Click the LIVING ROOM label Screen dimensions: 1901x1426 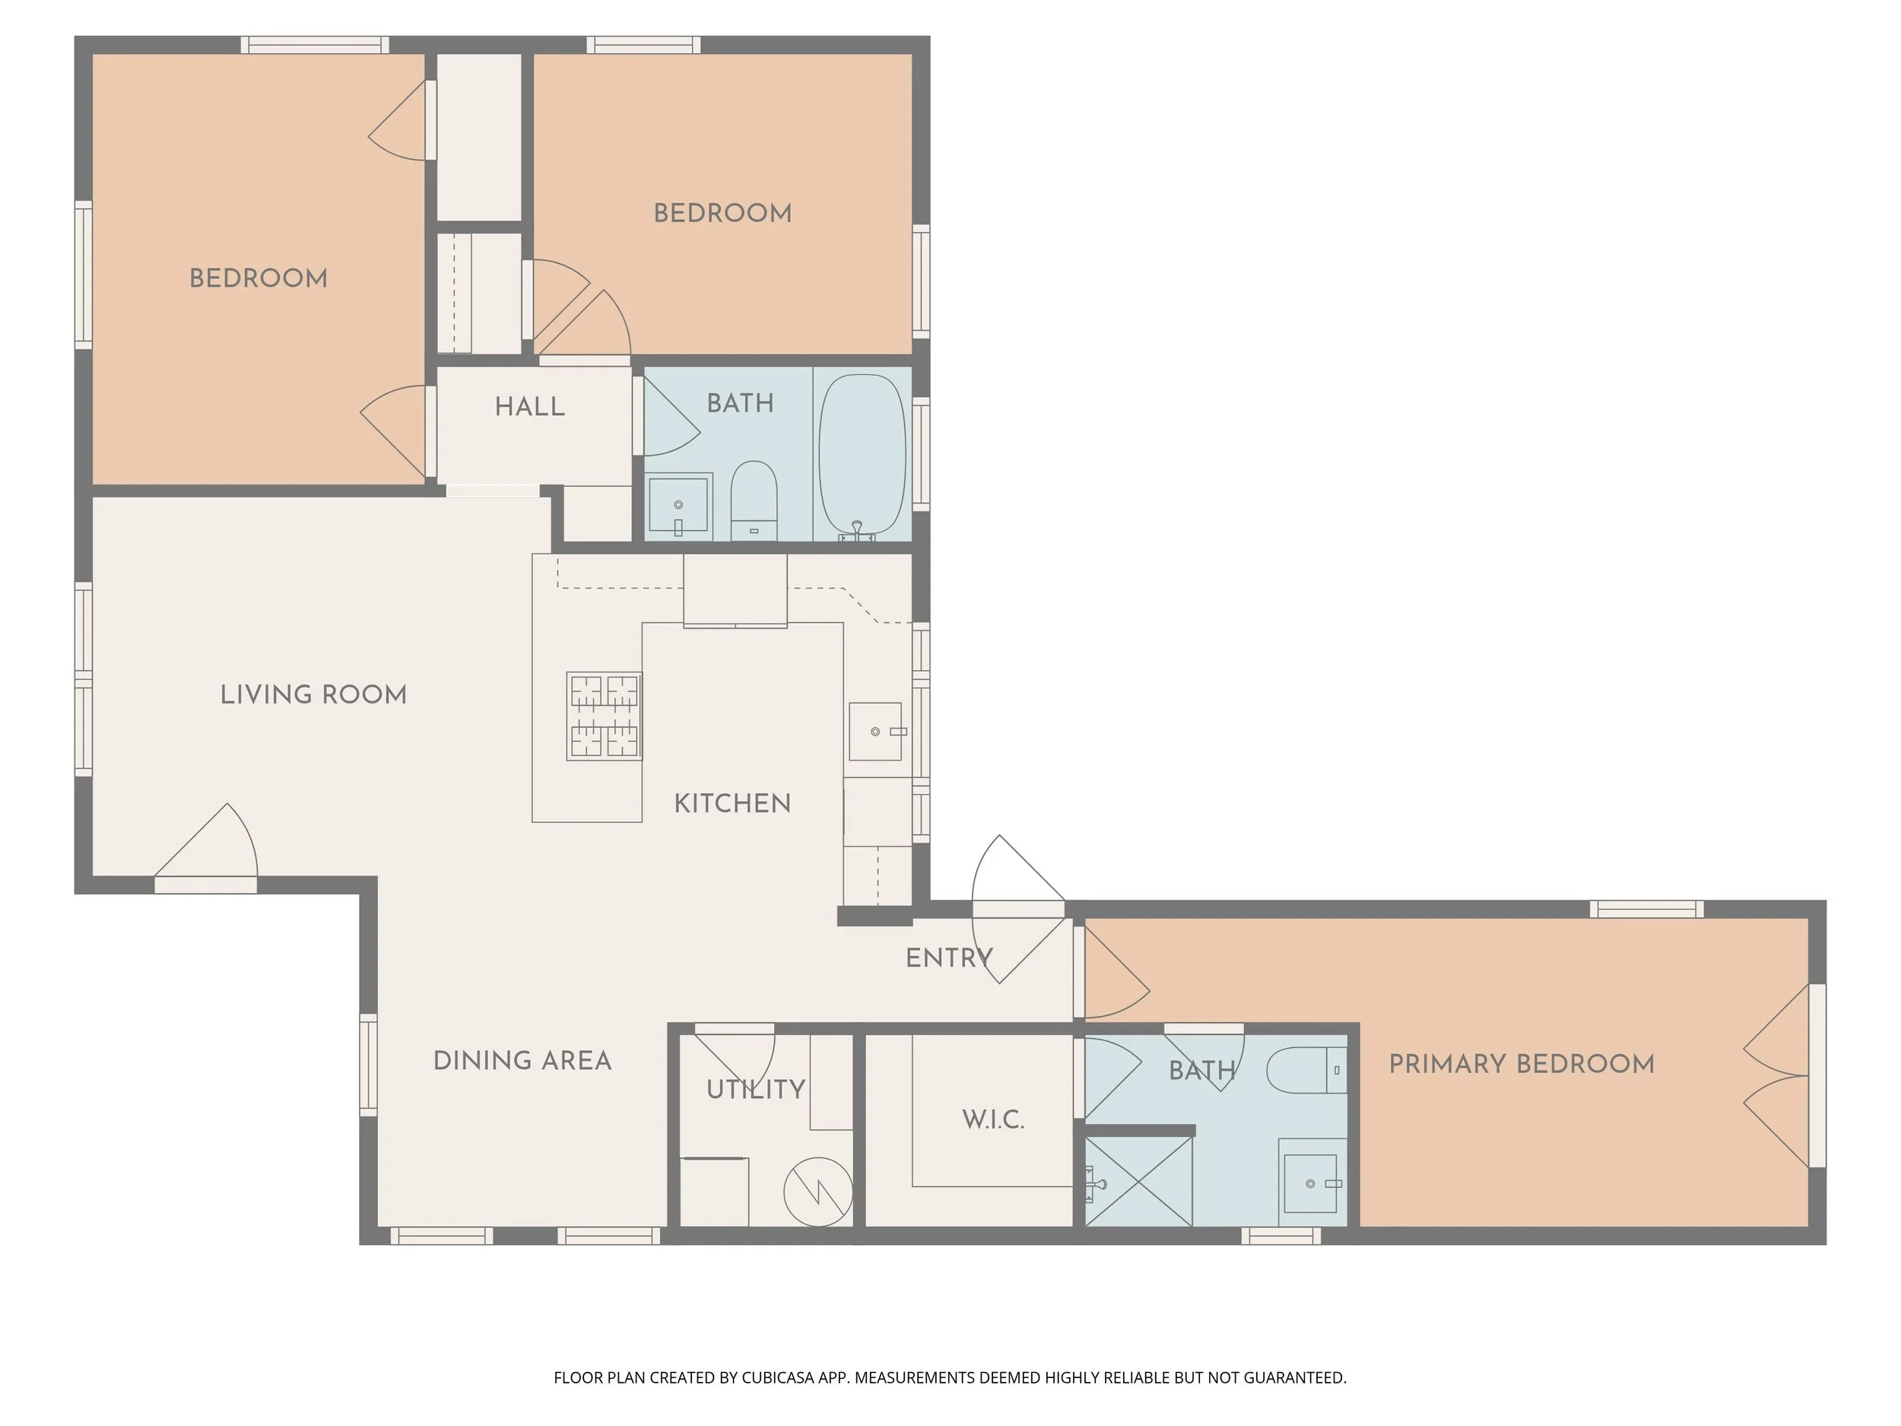pyautogui.click(x=314, y=694)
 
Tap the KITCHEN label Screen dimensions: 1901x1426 pyautogui.click(x=732, y=804)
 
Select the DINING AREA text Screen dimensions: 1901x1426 pyautogui.click(x=522, y=1061)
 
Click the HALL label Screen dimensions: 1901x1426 pyautogui.click(x=530, y=407)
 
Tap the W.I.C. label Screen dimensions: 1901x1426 pyautogui.click(x=994, y=1120)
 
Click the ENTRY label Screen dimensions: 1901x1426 pyautogui.click(x=950, y=958)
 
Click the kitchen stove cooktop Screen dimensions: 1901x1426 pyautogui.click(x=605, y=716)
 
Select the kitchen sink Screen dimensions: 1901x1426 pyautogui.click(x=876, y=732)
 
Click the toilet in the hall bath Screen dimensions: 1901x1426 pyautogui.click(x=754, y=501)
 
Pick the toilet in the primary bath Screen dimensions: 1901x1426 pyautogui.click(x=1307, y=1070)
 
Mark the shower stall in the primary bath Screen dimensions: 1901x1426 pyautogui.click(x=1139, y=1182)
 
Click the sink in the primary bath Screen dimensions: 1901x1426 pyautogui.click(x=1312, y=1183)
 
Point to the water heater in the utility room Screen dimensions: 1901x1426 pyautogui.click(x=818, y=1193)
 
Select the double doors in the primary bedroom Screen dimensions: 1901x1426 pyautogui.click(x=1776, y=1075)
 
